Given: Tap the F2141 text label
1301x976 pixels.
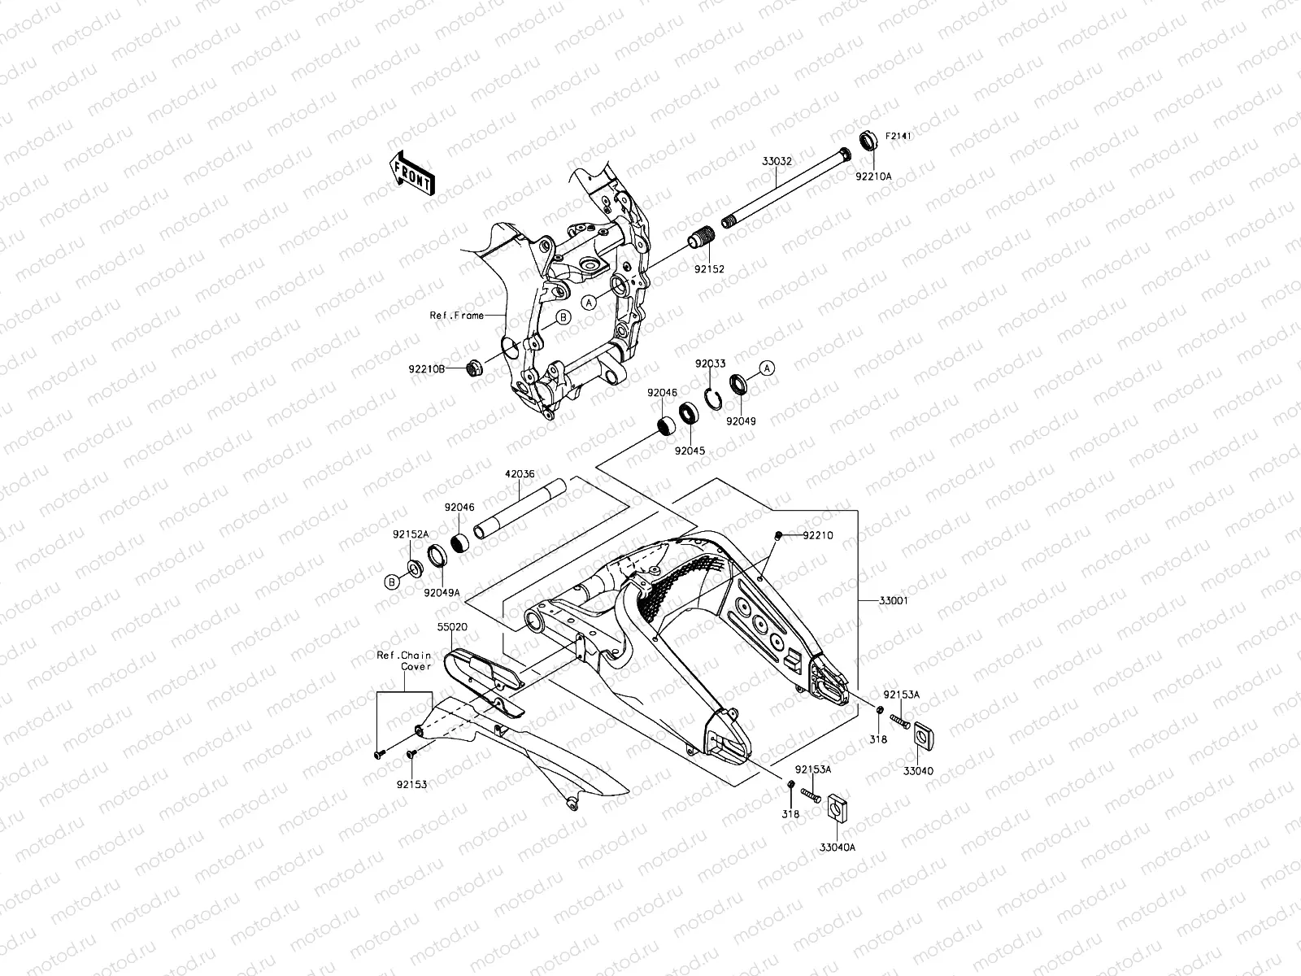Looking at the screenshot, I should (899, 136).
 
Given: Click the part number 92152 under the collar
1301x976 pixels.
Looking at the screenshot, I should (709, 268).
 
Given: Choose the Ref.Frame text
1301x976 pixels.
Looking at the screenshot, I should (457, 316).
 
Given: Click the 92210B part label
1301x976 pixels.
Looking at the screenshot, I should (427, 368).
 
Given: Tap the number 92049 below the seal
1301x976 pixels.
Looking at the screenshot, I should (741, 422).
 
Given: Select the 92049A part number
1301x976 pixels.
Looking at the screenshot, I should (442, 593).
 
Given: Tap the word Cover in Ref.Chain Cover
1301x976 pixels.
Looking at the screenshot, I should (415, 666).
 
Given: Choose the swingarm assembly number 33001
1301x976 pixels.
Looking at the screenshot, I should (894, 601).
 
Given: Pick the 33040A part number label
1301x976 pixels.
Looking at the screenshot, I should (838, 847).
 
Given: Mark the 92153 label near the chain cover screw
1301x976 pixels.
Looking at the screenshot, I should (413, 785).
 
